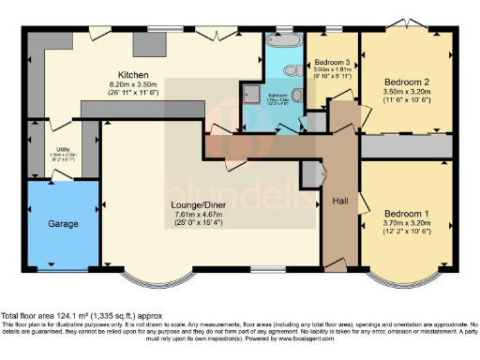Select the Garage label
click(x=62, y=224)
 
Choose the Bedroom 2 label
click(x=409, y=82)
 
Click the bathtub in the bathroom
click(x=282, y=43)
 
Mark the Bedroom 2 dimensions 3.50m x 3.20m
click(x=409, y=92)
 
